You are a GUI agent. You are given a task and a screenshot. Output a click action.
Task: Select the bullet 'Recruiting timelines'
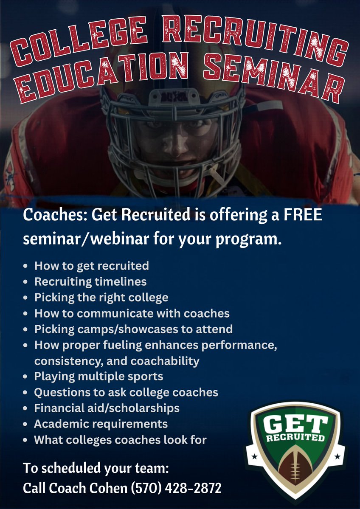(x=90, y=281)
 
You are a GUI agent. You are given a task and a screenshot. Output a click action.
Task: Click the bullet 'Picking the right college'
(x=101, y=297)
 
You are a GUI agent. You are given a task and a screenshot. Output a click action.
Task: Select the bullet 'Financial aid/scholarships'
(x=107, y=408)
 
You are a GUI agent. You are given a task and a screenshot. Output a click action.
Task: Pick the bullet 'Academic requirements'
(x=101, y=424)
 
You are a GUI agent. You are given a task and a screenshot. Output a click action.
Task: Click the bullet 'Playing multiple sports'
(x=98, y=376)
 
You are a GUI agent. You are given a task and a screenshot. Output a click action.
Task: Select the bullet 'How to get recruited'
(x=91, y=266)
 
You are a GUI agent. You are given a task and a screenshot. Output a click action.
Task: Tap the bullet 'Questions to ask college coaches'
(x=126, y=392)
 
